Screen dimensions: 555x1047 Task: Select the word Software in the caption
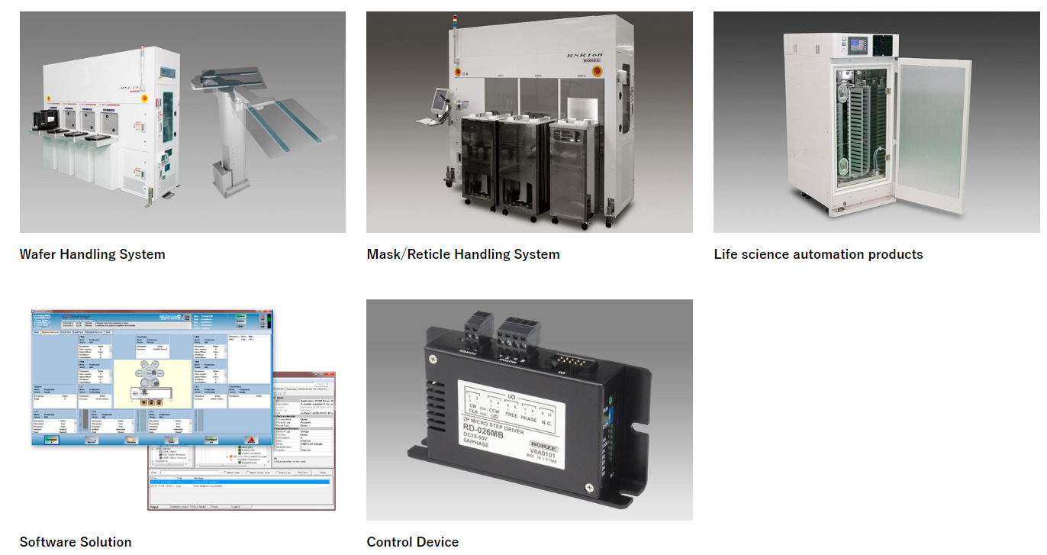47,542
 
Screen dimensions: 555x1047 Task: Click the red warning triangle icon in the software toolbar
249,439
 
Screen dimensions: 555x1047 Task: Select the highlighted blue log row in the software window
240,481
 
